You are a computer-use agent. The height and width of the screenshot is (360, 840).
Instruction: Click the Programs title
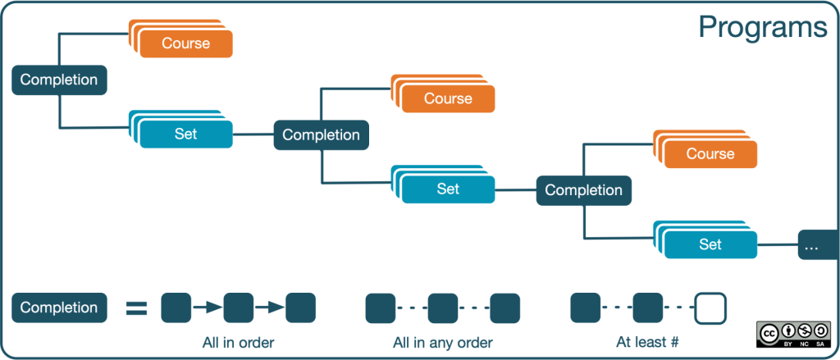(762, 28)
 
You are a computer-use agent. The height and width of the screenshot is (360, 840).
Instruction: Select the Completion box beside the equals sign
(59, 308)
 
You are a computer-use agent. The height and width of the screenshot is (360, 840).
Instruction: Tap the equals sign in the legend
(136, 308)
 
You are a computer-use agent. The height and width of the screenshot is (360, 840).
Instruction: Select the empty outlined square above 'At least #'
(710, 308)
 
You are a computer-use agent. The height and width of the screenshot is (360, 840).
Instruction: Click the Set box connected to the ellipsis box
(710, 244)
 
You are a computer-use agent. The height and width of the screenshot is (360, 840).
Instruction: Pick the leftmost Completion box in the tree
(59, 80)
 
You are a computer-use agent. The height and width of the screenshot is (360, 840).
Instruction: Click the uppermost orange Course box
(186, 43)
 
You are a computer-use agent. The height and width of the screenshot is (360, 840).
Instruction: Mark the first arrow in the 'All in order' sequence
(208, 308)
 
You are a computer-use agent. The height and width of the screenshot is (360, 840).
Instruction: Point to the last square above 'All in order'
(300, 308)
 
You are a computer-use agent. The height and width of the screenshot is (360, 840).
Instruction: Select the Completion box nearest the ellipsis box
(583, 190)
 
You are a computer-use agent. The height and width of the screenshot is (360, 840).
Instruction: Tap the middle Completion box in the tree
(321, 135)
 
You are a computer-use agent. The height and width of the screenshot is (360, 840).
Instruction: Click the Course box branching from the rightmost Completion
(710, 154)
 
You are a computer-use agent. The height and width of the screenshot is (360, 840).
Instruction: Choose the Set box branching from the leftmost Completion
(186, 134)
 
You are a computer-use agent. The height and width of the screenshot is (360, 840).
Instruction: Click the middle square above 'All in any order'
(443, 308)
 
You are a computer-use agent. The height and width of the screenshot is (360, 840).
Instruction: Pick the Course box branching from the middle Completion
(448, 99)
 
